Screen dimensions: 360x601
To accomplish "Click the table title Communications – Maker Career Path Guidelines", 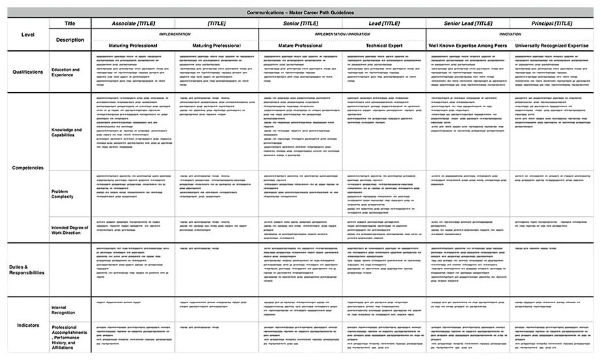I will [x=300, y=12].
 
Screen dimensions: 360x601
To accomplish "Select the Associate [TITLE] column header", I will [x=133, y=24].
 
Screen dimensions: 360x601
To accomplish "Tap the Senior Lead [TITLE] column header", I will [x=468, y=24].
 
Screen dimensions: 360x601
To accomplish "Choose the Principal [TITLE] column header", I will [x=553, y=24].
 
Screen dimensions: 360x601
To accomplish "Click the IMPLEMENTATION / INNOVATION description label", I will [x=342, y=34].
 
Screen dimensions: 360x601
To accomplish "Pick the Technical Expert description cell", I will [x=385, y=46].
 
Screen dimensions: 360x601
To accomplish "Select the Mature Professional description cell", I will [x=300, y=46].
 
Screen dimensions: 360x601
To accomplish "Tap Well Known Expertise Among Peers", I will [x=468, y=46].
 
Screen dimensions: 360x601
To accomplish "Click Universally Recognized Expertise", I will [x=553, y=46].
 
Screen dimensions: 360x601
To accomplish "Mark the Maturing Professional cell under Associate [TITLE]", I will [x=133, y=46].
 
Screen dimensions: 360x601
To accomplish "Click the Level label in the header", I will [x=27, y=34].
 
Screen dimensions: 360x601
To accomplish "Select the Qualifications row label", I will [x=27, y=72].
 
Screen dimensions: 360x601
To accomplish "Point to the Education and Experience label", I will [x=66, y=72].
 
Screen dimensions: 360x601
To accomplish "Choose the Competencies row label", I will [x=27, y=168].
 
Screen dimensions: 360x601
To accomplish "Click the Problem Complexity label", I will [x=63, y=194].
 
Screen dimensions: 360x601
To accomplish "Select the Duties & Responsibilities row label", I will [x=27, y=269].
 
